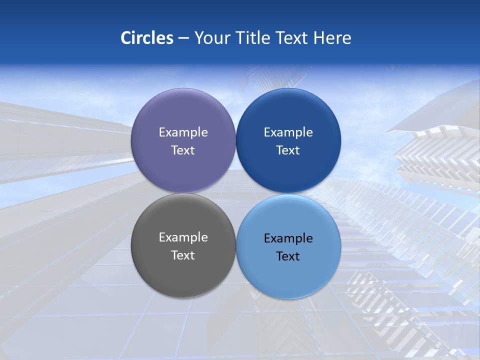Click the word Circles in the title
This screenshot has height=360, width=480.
(x=147, y=38)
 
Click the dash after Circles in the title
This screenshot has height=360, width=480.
(x=183, y=38)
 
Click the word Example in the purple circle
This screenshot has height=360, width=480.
(x=183, y=132)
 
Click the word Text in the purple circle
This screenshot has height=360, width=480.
(x=183, y=150)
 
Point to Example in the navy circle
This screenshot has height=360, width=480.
(x=288, y=132)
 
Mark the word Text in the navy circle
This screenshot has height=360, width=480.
(x=288, y=150)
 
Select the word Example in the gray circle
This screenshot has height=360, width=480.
(x=183, y=237)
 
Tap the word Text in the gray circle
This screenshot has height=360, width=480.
(x=183, y=255)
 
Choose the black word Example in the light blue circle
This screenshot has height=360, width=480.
(x=288, y=238)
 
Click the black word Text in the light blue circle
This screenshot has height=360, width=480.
(x=288, y=256)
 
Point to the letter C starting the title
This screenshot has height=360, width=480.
(x=125, y=38)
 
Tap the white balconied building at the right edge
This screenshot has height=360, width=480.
(x=440, y=155)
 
